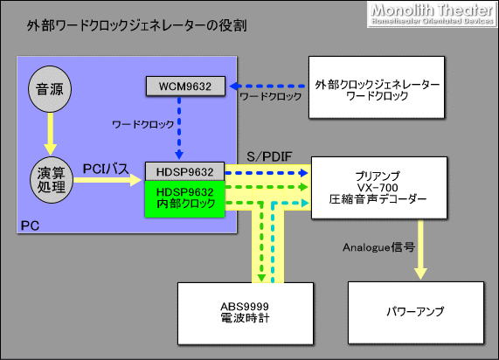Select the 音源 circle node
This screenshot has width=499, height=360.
point(51,90)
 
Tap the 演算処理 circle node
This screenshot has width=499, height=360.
point(51,180)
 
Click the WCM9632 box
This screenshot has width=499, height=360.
point(185,86)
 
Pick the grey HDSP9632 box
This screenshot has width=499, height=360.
point(185,171)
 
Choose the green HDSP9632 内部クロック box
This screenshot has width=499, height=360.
point(185,197)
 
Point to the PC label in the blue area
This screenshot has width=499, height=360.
point(29,226)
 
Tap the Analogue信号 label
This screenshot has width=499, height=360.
point(378,247)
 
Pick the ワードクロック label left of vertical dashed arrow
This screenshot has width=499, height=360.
point(140,125)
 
